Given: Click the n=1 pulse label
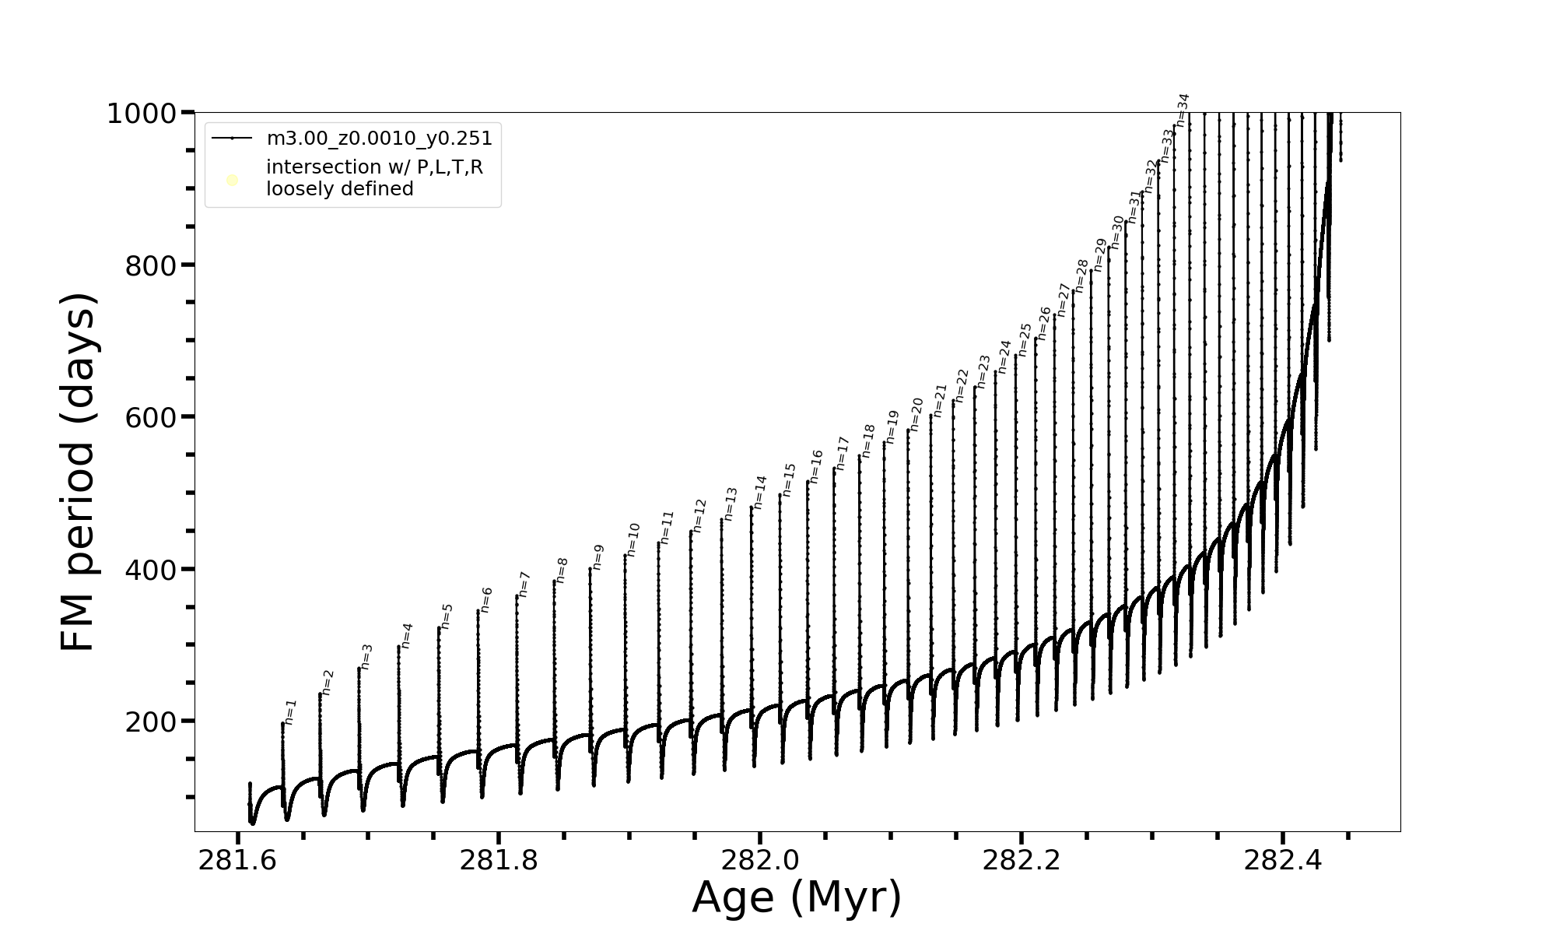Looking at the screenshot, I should pos(290,712).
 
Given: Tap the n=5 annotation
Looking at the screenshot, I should pos(447,616).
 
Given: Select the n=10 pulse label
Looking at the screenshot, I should pos(633,539).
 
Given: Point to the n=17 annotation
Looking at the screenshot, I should pos(843,453).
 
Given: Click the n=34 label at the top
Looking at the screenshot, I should pos(1183,110).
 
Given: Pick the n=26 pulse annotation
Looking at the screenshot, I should pos(1044,323).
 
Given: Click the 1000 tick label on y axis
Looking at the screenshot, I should pos(142,114).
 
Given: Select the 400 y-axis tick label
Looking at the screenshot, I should pos(151,570).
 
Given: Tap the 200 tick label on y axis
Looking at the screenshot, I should pos(151,722).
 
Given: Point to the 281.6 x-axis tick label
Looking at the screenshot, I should pos(237,861).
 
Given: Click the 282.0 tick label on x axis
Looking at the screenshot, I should pos(760,861).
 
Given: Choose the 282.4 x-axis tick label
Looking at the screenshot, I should pos(1282,861).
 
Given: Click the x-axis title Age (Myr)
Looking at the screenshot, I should pos(797,897).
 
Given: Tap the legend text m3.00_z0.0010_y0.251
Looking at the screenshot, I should pos(379,139).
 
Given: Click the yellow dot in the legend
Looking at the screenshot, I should pos(232,181).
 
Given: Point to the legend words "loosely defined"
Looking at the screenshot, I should pos(339,189).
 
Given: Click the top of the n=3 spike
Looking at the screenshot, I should pos(359,668).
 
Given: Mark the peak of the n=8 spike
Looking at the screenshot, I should pos(555,581).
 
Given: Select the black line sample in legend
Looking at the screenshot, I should pos(232,139).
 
